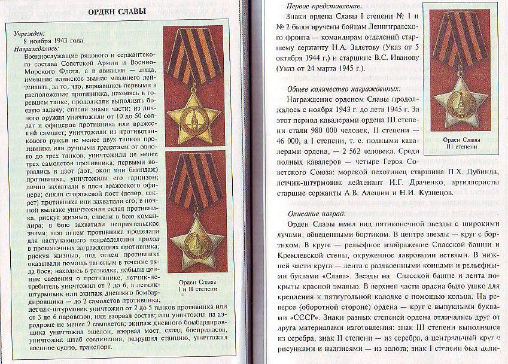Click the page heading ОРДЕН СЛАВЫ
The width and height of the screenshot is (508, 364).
[x=123, y=12]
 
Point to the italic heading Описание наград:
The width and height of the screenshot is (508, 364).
[x=315, y=214]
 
